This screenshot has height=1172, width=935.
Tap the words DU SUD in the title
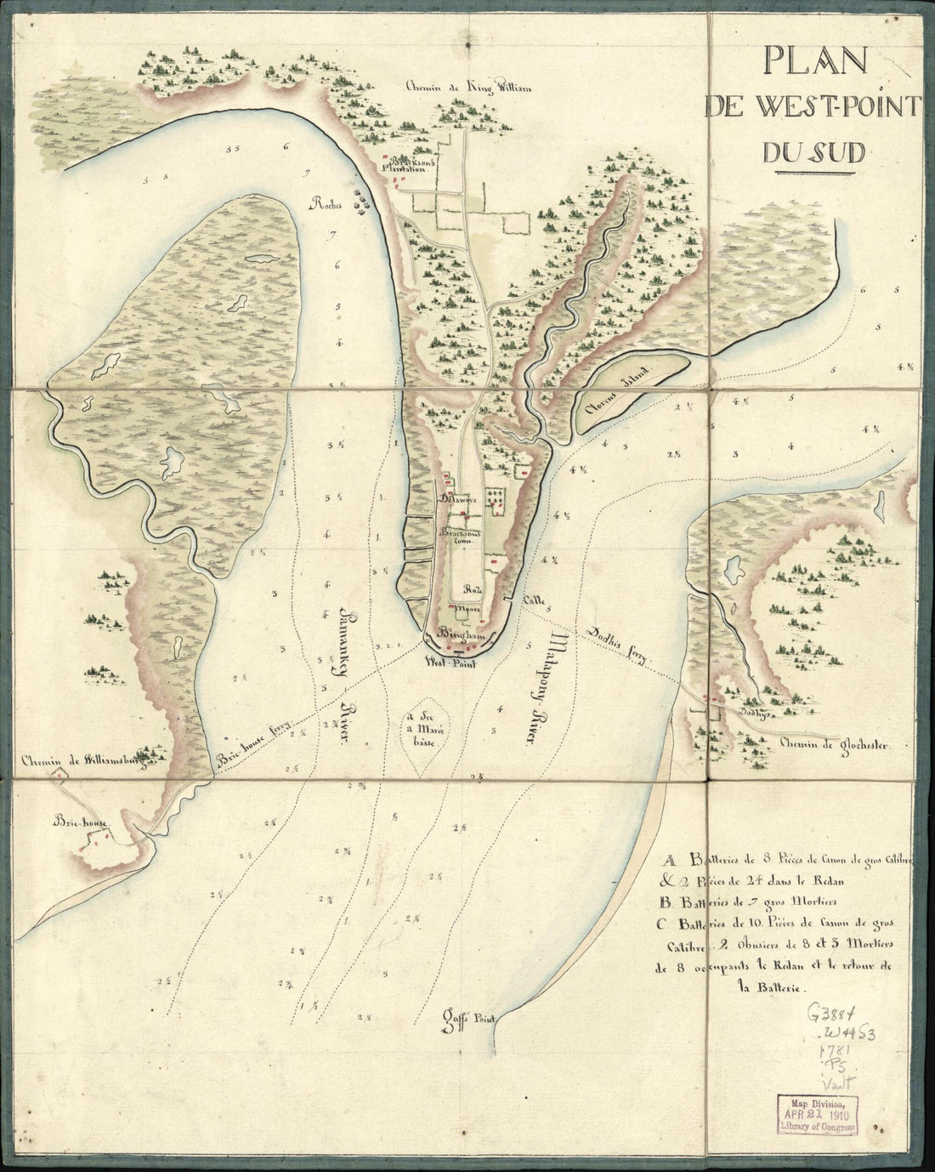tap(813, 151)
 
